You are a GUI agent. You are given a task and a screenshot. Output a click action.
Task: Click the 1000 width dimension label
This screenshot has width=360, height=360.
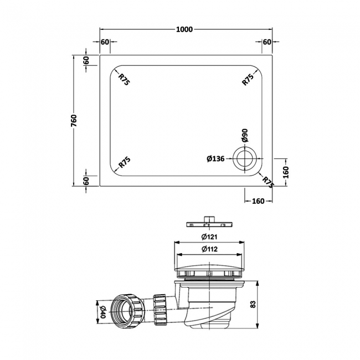click(185, 29)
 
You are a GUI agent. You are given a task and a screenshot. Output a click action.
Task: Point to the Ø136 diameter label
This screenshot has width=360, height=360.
click(215, 159)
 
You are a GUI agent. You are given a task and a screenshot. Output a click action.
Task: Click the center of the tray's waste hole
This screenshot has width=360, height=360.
click(244, 158)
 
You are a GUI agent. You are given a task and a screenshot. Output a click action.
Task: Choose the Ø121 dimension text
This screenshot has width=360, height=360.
click(208, 237)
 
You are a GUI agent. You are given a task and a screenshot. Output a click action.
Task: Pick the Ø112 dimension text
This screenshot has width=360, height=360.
click(208, 249)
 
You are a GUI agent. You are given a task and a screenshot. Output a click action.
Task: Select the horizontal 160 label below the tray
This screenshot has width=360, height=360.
click(258, 201)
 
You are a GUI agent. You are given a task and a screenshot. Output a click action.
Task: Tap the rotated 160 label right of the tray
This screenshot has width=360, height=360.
click(286, 172)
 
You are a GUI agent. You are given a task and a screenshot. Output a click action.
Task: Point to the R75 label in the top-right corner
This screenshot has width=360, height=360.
click(248, 79)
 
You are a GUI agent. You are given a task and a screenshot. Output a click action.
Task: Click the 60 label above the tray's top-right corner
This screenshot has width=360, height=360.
click(266, 42)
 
